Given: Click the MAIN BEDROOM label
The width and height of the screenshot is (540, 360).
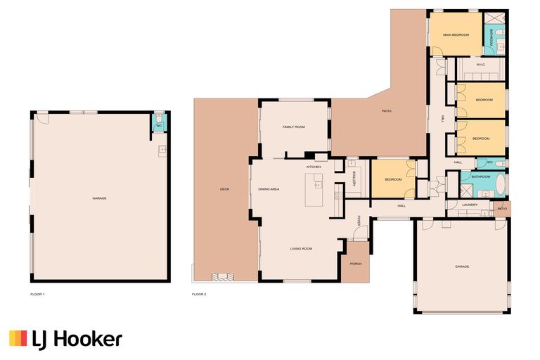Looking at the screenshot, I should (455, 34).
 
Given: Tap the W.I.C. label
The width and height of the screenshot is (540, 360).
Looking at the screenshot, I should (481, 65).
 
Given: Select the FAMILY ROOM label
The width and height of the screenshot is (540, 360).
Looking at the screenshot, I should (293, 127).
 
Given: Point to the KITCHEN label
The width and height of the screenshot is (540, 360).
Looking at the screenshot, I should (314, 167).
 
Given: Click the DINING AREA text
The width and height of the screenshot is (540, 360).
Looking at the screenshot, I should (269, 189).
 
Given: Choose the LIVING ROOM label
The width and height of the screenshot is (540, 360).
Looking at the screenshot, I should (302, 248).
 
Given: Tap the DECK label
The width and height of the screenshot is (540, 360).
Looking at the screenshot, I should (224, 189).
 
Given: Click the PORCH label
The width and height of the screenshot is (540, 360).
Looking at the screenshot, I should (356, 264).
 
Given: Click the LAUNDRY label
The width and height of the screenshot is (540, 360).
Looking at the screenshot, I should (470, 205).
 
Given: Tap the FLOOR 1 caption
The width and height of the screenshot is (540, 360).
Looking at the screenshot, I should (37, 293).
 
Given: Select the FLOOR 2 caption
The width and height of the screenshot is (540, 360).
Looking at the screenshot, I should (199, 293).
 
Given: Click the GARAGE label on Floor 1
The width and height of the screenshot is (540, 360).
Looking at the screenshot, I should (99, 198).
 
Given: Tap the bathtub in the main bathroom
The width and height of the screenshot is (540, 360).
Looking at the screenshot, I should (499, 186).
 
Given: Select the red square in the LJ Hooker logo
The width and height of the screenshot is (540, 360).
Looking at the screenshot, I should (13, 340).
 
